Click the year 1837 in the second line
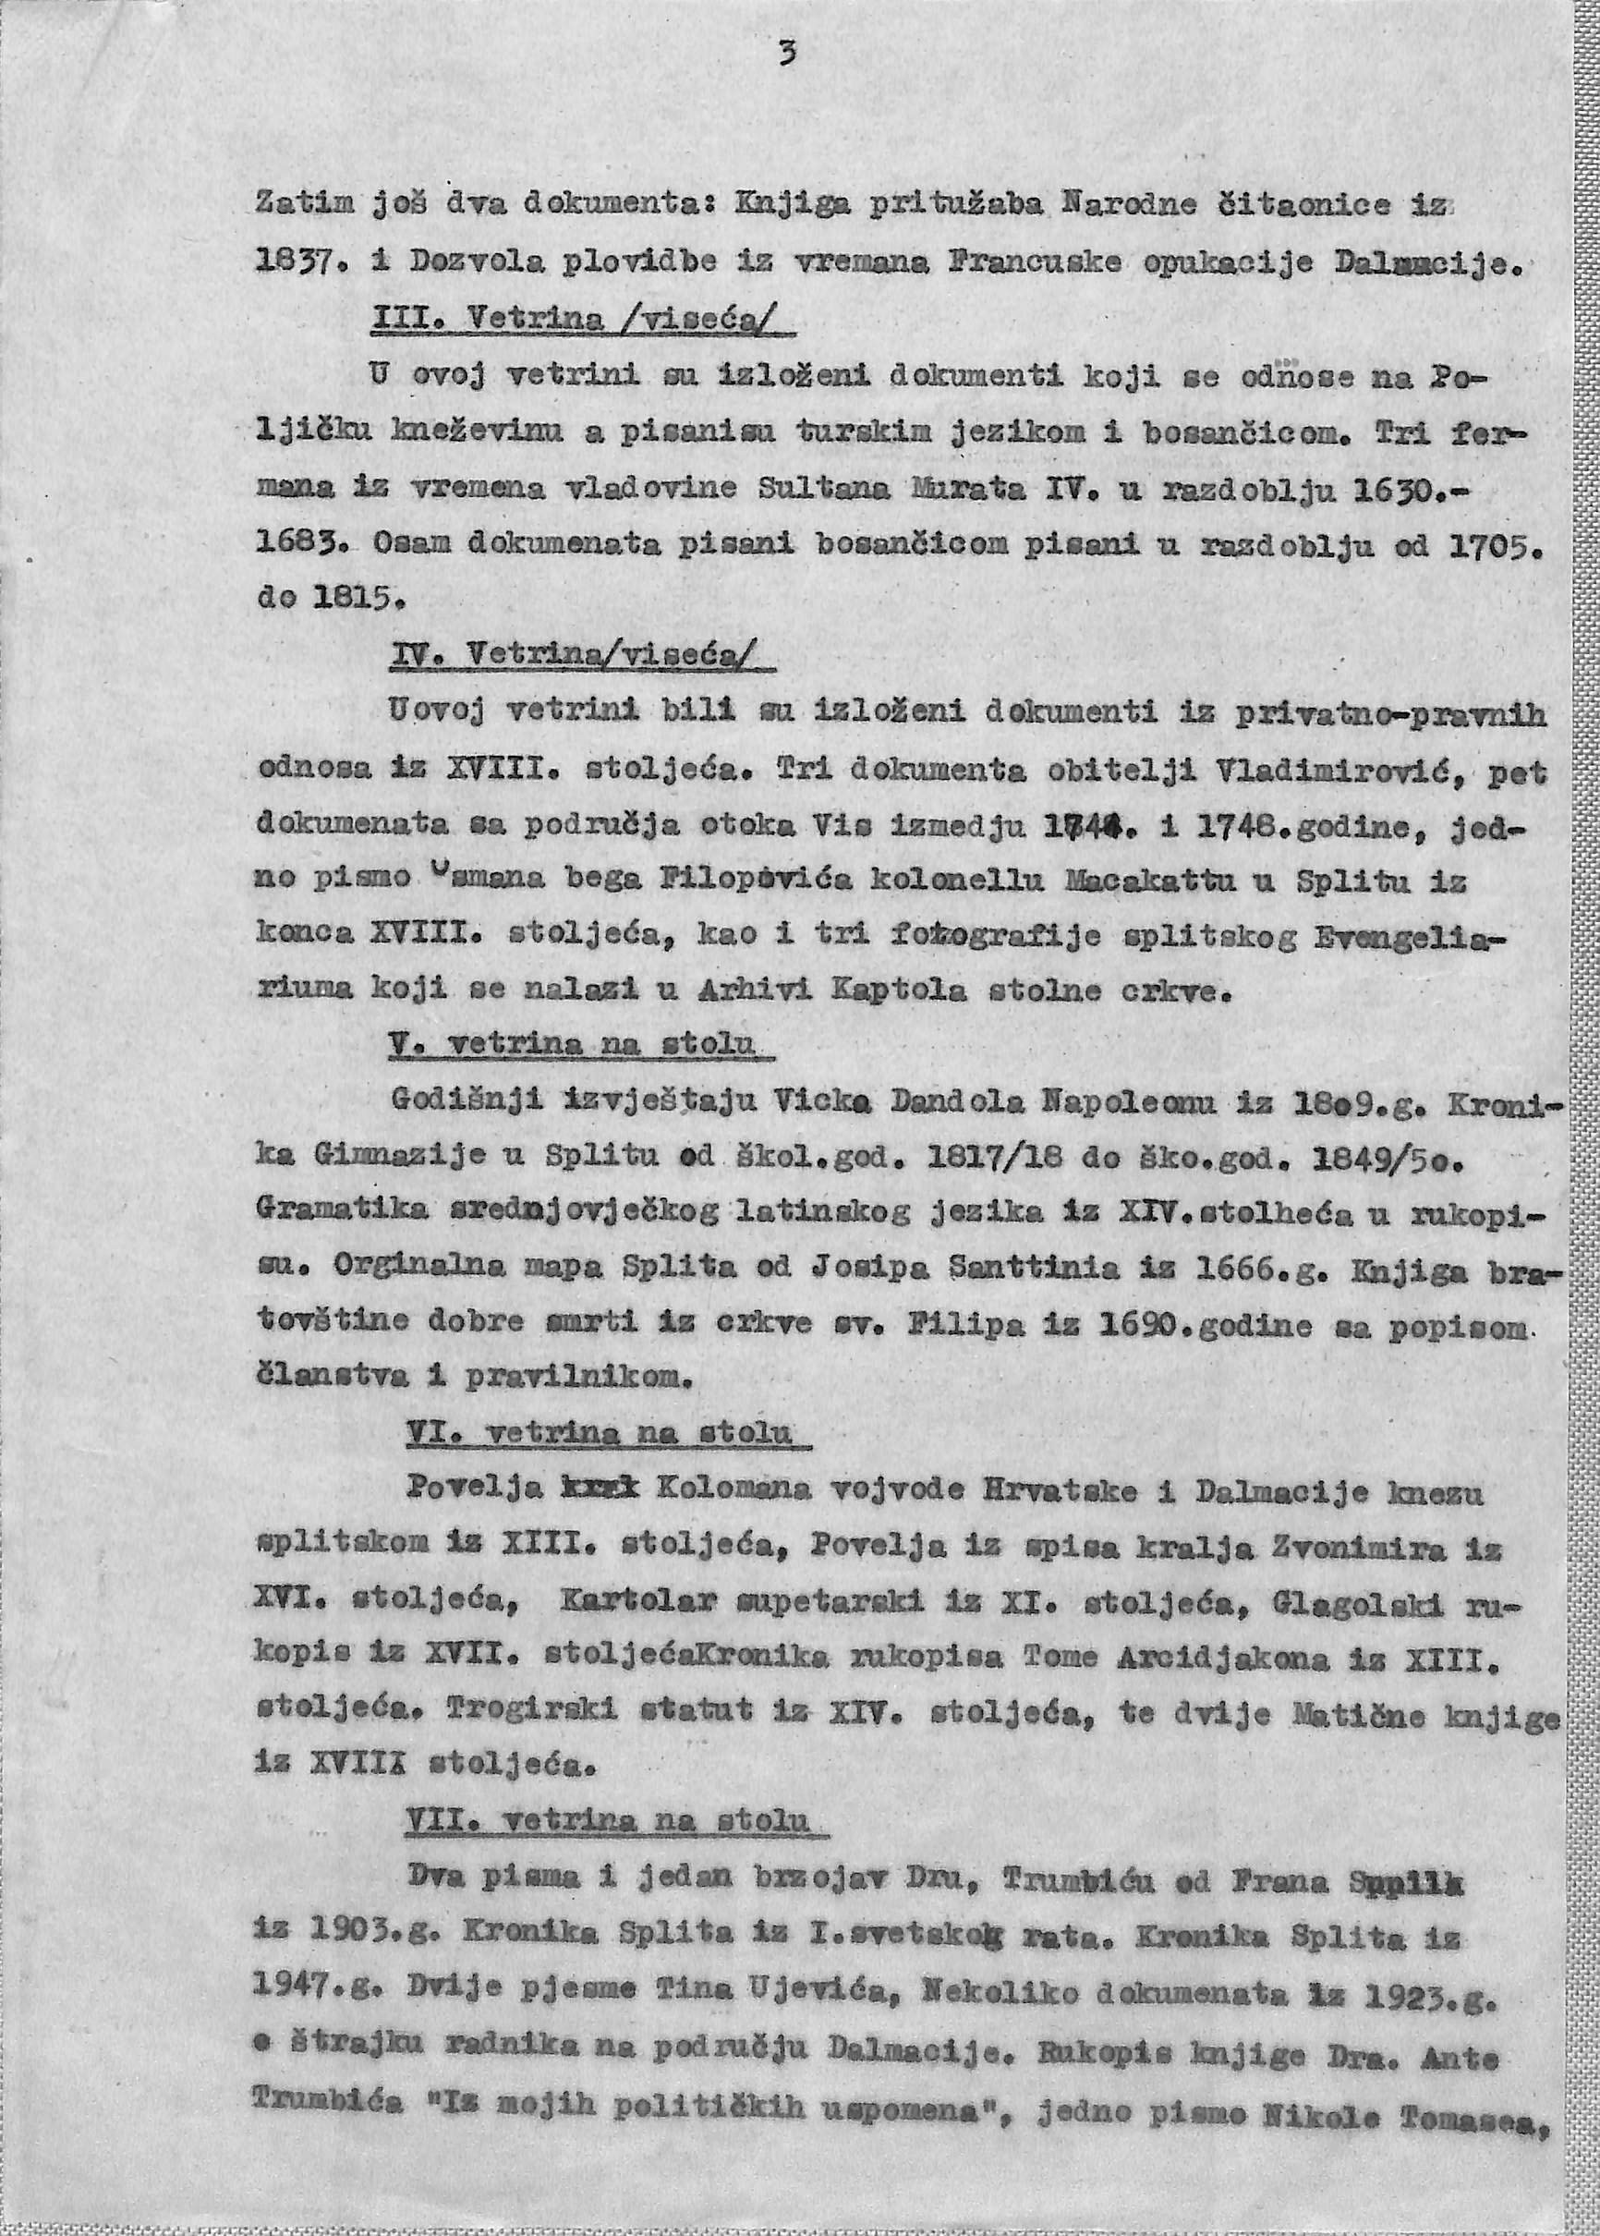coord(287,264)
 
